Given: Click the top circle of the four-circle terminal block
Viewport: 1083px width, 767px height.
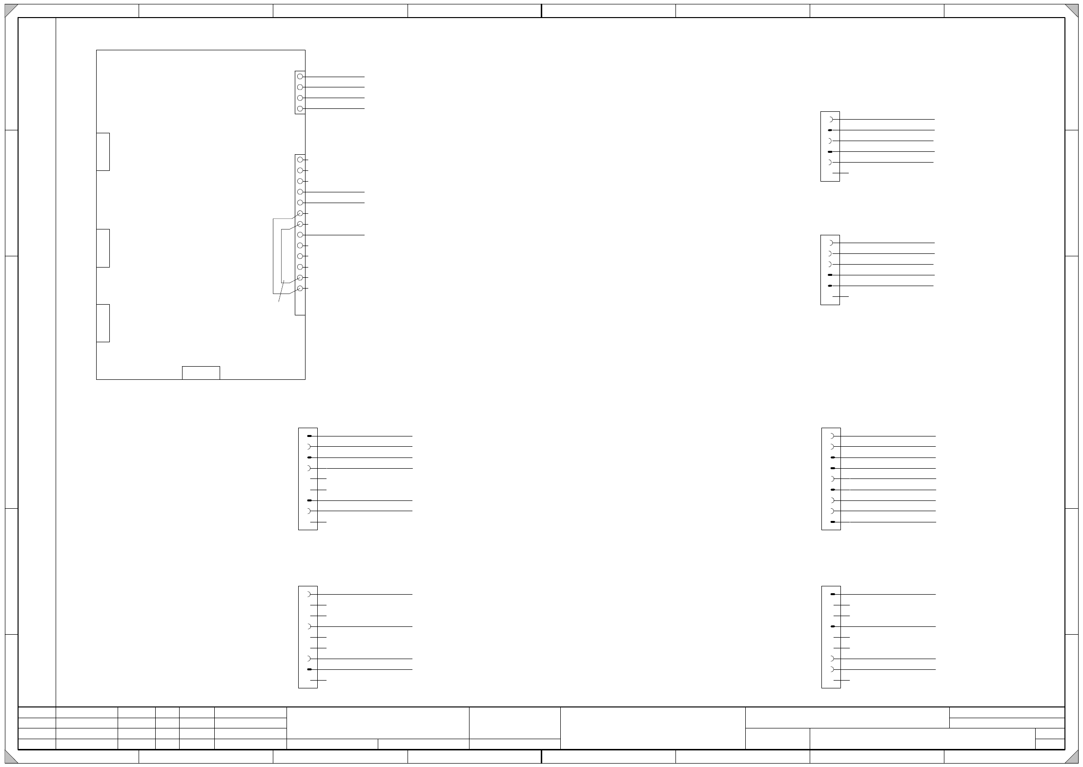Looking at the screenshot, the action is click(300, 77).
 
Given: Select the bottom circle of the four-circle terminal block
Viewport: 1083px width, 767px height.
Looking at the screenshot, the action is click(300, 109).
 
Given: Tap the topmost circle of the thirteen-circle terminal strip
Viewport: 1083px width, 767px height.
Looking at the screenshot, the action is click(300, 160).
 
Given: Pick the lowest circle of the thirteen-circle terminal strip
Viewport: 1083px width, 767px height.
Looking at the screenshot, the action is click(300, 289).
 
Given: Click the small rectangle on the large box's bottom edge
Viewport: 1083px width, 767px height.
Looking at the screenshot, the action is click(201, 373).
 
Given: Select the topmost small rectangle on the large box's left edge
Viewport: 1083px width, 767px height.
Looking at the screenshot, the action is click(103, 152).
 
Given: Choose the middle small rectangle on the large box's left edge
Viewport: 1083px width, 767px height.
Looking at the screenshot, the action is click(103, 248).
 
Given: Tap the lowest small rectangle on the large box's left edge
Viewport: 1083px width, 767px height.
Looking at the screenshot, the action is click(103, 323).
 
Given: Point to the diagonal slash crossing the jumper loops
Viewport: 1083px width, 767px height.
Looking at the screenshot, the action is click(281, 291).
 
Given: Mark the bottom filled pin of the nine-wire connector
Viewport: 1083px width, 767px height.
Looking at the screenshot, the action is click(833, 522).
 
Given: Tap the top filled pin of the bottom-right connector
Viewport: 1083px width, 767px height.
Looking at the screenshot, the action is click(833, 594).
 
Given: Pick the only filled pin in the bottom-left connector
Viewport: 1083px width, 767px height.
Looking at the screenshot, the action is click(309, 669).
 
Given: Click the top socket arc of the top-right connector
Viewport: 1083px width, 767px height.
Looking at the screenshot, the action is click(831, 119).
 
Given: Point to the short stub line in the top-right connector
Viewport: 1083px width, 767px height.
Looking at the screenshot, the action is click(840, 173).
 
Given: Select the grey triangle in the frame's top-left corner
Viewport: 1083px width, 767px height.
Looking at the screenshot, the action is click(10, 10).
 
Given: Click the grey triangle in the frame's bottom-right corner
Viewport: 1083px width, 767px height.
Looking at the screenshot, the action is click(1072, 757).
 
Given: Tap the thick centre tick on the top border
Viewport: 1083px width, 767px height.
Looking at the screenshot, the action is click(541, 11).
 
